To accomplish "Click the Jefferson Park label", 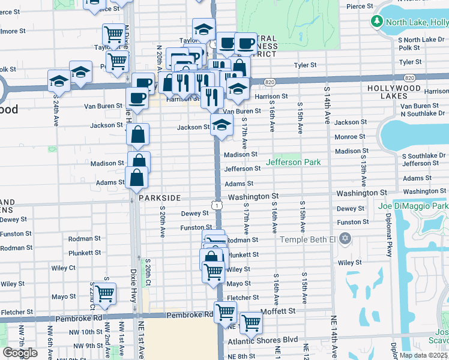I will [x=293, y=162].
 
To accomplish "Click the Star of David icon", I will [x=345, y=239].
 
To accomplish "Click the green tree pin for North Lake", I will [x=377, y=22].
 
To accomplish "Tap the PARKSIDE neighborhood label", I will [x=160, y=197].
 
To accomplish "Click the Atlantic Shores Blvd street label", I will [x=262, y=340].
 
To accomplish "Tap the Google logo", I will [x=20, y=352].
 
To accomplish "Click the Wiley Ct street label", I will [x=80, y=268].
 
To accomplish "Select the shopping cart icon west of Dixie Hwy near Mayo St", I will [x=104, y=294].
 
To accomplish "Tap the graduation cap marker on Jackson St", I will [x=221, y=125].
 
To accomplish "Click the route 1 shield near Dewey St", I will [x=214, y=205].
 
